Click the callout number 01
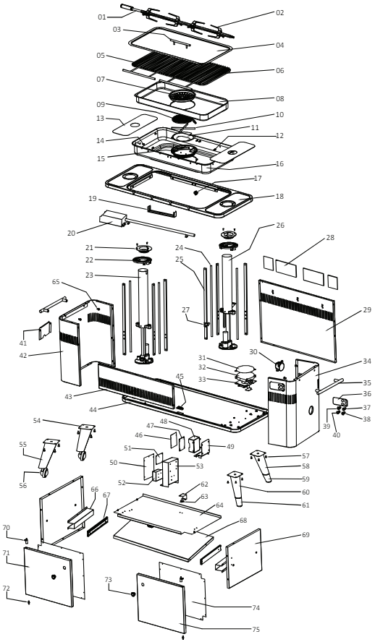(101, 17)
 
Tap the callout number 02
(280, 13)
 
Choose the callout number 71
(7, 553)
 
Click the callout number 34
(347, 361)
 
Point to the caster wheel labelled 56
(45, 473)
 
